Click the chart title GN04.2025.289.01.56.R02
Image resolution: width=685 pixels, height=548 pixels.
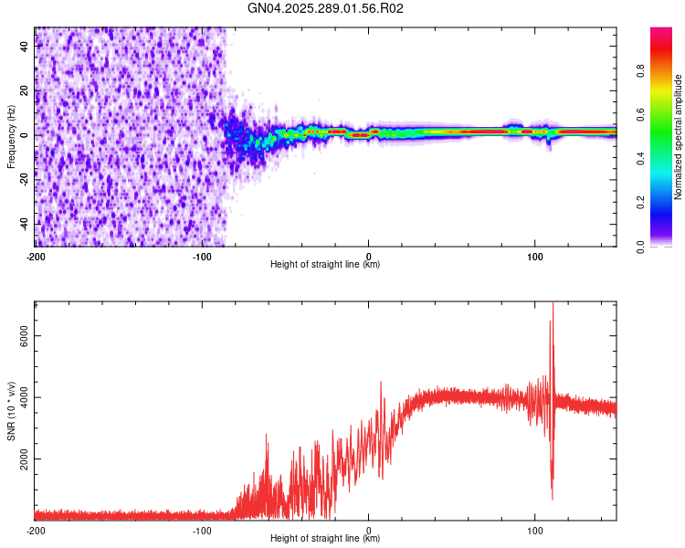coord(326,9)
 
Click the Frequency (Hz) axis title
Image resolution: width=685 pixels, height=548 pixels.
coord(11,137)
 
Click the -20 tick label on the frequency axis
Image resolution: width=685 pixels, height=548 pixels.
coord(24,179)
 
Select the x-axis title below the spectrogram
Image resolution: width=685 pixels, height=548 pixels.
coord(325,265)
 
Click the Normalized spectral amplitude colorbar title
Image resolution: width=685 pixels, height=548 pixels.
coord(679,137)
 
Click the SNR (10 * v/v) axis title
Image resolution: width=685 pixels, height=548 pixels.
coord(11,409)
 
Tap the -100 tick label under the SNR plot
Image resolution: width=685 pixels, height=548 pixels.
coord(202,529)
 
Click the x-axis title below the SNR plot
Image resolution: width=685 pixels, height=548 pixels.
coord(325,539)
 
